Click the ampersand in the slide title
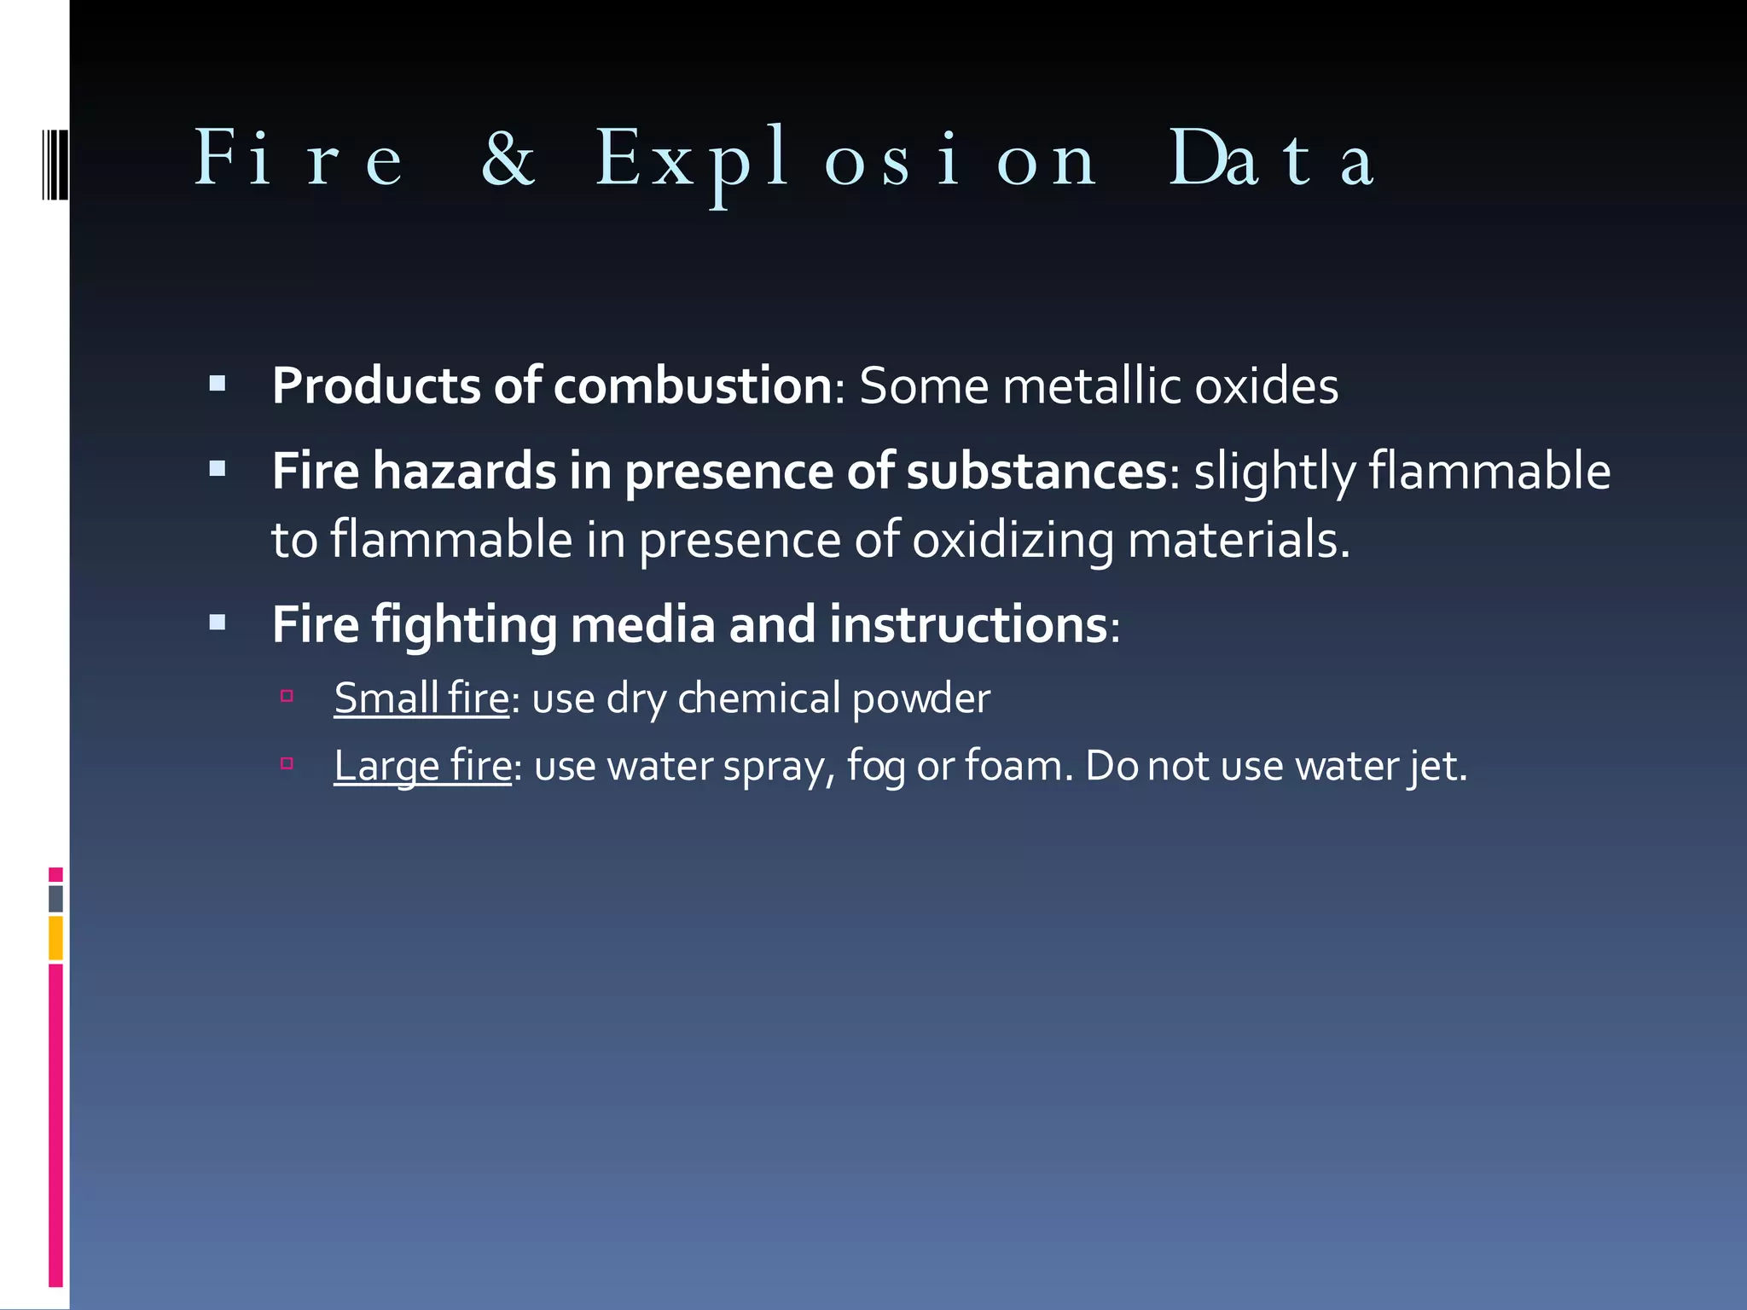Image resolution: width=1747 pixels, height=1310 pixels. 508,159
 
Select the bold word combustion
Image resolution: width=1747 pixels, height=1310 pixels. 692,385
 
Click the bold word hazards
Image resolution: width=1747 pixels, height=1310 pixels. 464,471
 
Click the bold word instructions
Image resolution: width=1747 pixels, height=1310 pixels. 967,624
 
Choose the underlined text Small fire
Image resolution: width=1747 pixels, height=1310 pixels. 421,698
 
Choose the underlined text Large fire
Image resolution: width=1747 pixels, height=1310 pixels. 422,765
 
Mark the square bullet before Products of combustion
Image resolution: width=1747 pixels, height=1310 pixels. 218,384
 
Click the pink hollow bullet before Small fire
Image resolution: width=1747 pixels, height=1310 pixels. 287,696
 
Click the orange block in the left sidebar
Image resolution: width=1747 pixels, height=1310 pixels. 55,937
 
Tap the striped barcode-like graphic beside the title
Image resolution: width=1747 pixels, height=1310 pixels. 55,163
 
